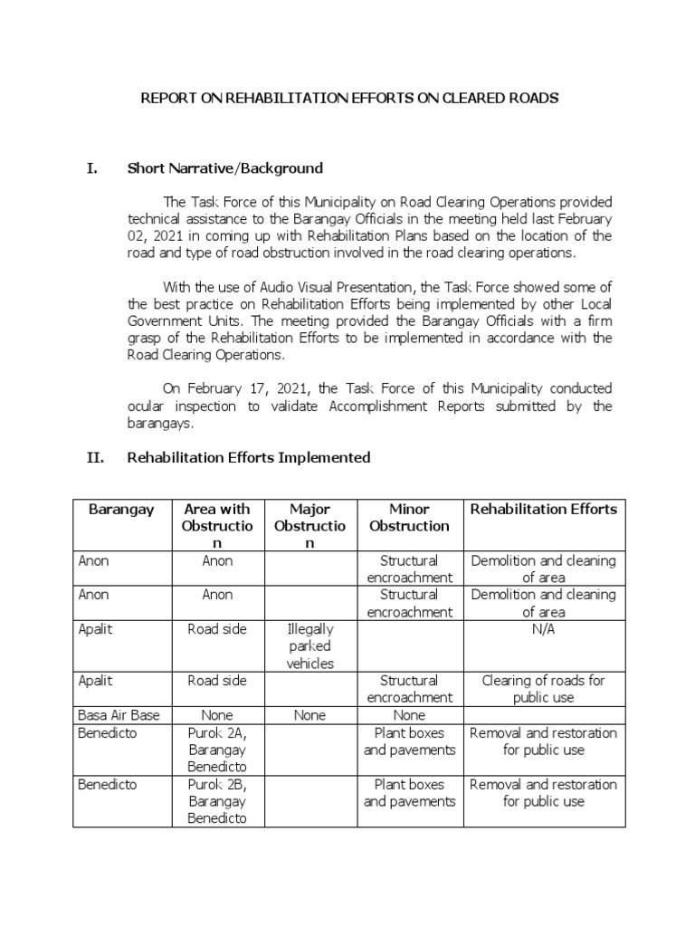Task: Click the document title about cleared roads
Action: [x=348, y=97]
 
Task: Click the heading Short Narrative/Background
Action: [x=225, y=168]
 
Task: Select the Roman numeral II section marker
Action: [x=96, y=457]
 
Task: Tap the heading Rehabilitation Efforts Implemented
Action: [x=249, y=457]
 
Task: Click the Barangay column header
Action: [x=121, y=509]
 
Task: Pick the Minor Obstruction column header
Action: [x=409, y=517]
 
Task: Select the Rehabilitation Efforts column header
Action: [x=544, y=509]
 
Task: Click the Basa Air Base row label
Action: [x=119, y=715]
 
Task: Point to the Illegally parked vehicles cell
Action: [x=309, y=645]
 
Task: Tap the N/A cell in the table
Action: [x=544, y=629]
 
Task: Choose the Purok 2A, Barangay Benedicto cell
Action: [x=217, y=750]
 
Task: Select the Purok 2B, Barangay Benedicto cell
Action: [x=217, y=801]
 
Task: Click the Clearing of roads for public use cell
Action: [x=544, y=689]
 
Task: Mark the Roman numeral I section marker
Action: [x=91, y=168]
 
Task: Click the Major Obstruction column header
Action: [x=309, y=525]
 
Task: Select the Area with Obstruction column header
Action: [x=217, y=525]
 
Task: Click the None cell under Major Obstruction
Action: [x=309, y=715]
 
